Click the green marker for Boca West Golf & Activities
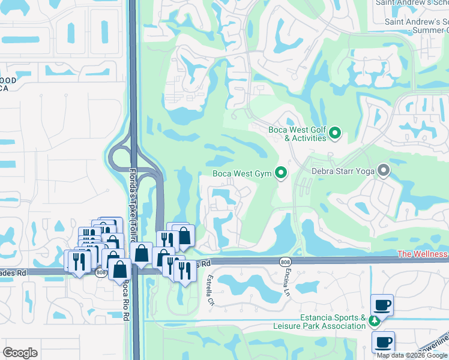point(336,133)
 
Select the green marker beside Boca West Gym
point(280,174)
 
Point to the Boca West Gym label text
point(243,175)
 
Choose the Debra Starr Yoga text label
point(343,171)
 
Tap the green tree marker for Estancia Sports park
point(375,321)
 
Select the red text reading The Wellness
point(422,254)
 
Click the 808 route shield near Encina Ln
point(285,261)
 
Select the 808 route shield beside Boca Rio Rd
point(101,272)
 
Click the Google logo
point(20,353)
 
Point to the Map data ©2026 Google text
point(412,355)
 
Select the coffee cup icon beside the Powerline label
point(382,343)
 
